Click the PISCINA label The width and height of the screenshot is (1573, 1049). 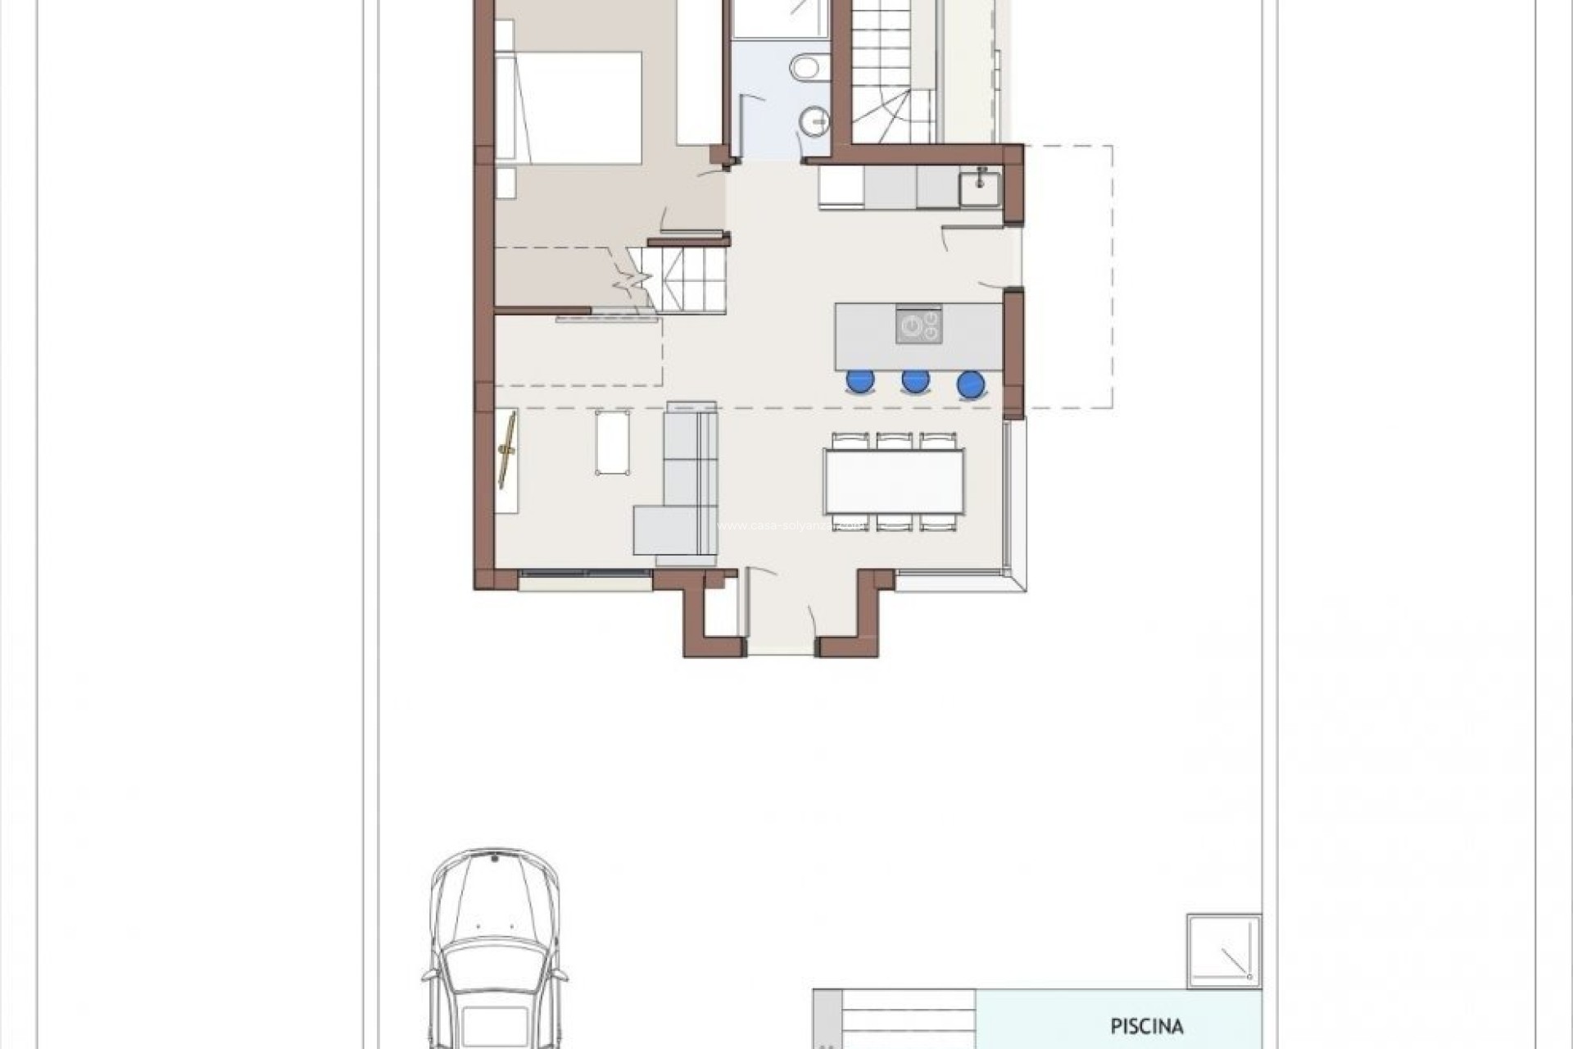click(x=1146, y=1025)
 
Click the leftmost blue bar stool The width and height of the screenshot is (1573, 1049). click(x=860, y=380)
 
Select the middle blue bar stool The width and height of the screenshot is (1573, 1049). click(x=915, y=380)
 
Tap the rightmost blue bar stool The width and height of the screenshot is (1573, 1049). click(x=971, y=384)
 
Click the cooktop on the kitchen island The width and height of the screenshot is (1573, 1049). click(x=918, y=325)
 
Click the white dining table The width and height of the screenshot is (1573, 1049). click(x=894, y=481)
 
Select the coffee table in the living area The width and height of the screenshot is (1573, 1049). click(x=613, y=443)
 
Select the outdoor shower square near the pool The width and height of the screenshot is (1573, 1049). click(x=1224, y=951)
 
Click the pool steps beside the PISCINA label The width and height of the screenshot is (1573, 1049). click(x=908, y=1019)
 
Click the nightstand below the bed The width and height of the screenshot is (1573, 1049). click(x=505, y=182)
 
